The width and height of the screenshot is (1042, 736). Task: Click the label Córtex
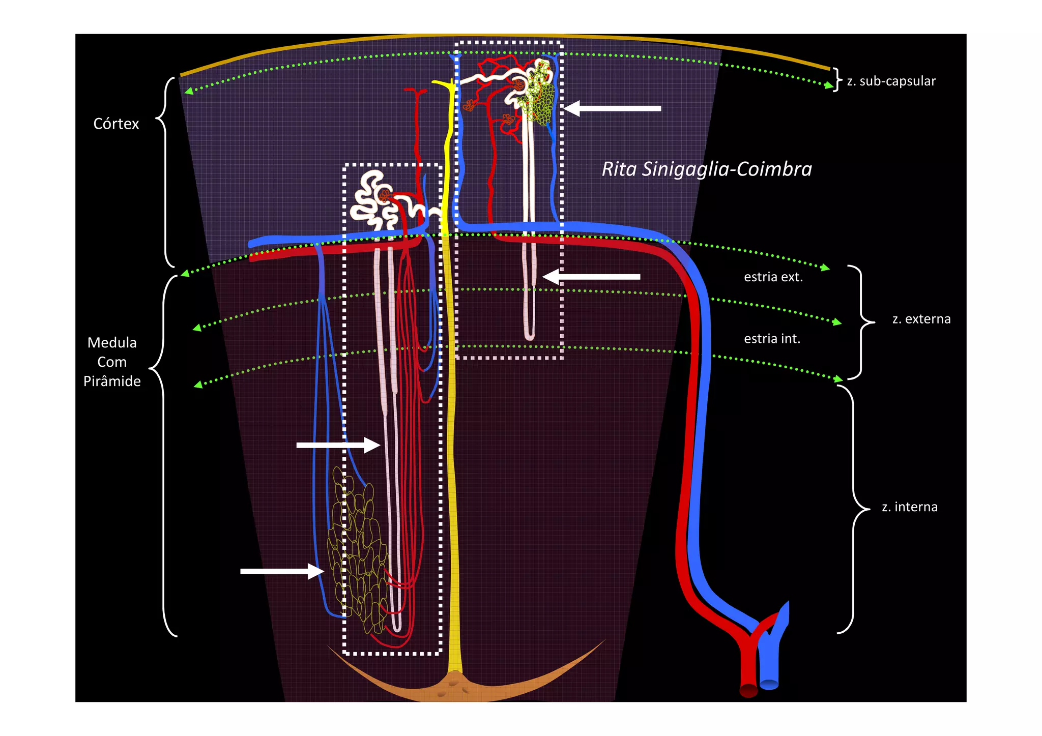coord(116,124)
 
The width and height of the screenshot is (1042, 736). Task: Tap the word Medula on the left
coord(112,343)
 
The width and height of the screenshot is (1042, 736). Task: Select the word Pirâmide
coord(112,381)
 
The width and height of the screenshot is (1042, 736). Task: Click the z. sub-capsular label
coord(891,81)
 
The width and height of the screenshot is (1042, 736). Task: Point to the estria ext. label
coord(773,277)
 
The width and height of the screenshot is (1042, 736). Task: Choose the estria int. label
coord(772,339)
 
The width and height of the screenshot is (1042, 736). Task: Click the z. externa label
coord(921,319)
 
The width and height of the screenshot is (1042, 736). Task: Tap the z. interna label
coord(909,507)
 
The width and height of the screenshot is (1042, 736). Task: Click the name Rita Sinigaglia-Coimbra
coord(707,169)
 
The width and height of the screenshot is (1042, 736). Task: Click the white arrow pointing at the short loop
coord(591,277)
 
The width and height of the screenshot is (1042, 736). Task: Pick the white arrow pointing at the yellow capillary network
coord(282,571)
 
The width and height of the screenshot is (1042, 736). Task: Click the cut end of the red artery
coord(748,690)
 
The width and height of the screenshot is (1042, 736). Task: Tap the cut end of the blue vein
coord(769,684)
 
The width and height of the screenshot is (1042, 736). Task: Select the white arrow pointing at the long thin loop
coord(338,445)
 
